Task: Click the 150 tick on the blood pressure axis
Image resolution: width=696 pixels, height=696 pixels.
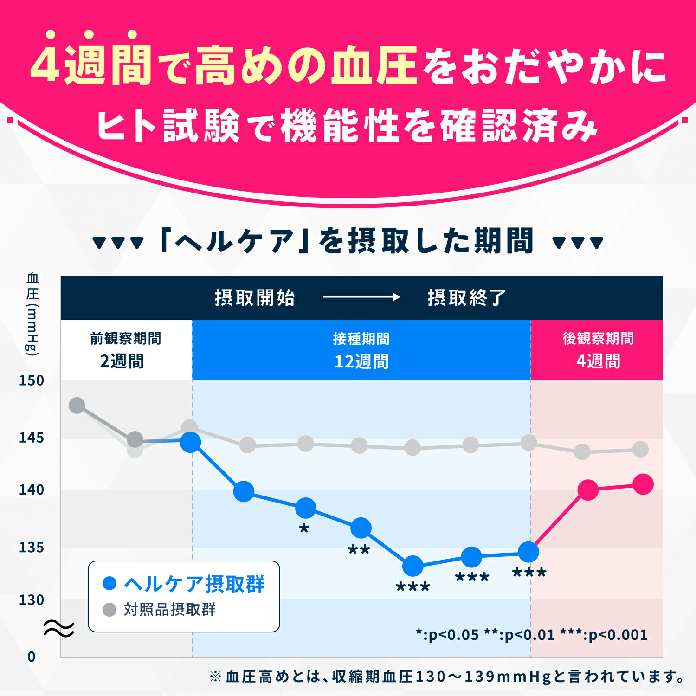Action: (31, 380)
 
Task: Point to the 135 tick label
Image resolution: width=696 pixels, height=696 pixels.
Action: (31, 548)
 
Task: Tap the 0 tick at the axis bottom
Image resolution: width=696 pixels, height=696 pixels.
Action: (31, 657)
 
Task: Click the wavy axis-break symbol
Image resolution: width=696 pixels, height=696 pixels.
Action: (58, 629)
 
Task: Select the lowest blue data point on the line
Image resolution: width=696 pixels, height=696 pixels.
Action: (412, 566)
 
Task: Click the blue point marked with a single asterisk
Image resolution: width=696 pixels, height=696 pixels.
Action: (306, 508)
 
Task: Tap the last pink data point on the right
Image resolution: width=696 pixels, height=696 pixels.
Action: (643, 484)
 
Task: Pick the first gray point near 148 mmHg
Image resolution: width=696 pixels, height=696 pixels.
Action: (77, 405)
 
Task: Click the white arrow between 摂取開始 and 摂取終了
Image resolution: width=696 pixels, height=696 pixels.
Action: (361, 297)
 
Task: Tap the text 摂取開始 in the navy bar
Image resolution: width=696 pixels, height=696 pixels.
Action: (255, 298)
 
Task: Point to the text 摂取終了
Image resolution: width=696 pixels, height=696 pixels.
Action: (466, 298)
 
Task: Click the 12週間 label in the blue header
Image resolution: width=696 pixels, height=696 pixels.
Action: (361, 361)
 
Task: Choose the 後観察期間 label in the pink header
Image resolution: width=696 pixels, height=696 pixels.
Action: (598, 339)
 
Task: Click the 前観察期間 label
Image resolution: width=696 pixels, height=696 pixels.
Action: (125, 339)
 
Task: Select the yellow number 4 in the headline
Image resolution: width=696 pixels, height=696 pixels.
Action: (45, 65)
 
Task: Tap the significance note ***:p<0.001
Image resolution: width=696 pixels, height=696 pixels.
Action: (604, 635)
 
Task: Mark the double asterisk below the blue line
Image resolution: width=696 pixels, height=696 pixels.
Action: (359, 550)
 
